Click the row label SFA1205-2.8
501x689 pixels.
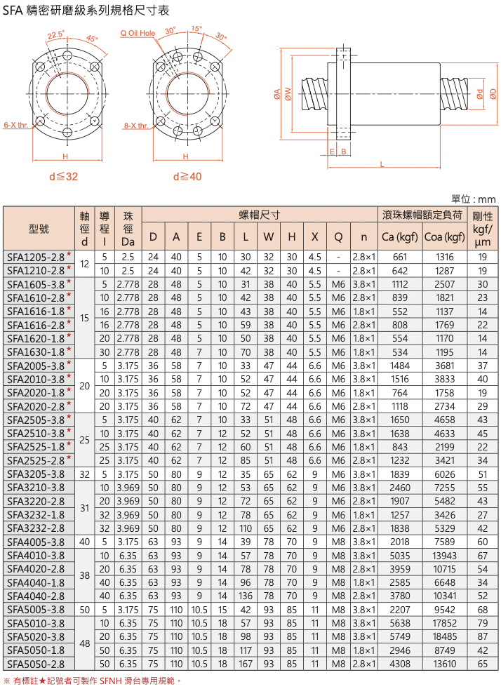click(x=36, y=257)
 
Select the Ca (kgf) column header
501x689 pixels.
click(x=399, y=237)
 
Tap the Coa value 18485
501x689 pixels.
click(x=444, y=636)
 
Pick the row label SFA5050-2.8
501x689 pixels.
click(x=36, y=664)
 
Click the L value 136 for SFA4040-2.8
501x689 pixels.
click(x=245, y=596)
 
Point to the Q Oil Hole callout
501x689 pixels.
click(x=138, y=33)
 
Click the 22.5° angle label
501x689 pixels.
click(x=56, y=34)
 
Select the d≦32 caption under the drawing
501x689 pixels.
click(x=64, y=177)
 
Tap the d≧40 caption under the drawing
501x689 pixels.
click(x=187, y=177)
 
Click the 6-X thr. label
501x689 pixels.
click(x=16, y=125)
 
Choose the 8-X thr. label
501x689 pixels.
click(x=136, y=126)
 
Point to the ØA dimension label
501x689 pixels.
click(x=277, y=93)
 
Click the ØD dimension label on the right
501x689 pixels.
click(x=493, y=93)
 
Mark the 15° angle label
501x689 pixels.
click(x=196, y=29)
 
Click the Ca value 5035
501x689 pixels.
click(x=399, y=556)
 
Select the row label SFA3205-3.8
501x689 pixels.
click(x=36, y=474)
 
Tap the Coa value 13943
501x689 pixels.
click(x=444, y=556)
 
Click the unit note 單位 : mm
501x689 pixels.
click(x=474, y=199)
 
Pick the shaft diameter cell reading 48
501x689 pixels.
click(x=84, y=643)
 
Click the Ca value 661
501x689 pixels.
click(x=399, y=257)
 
